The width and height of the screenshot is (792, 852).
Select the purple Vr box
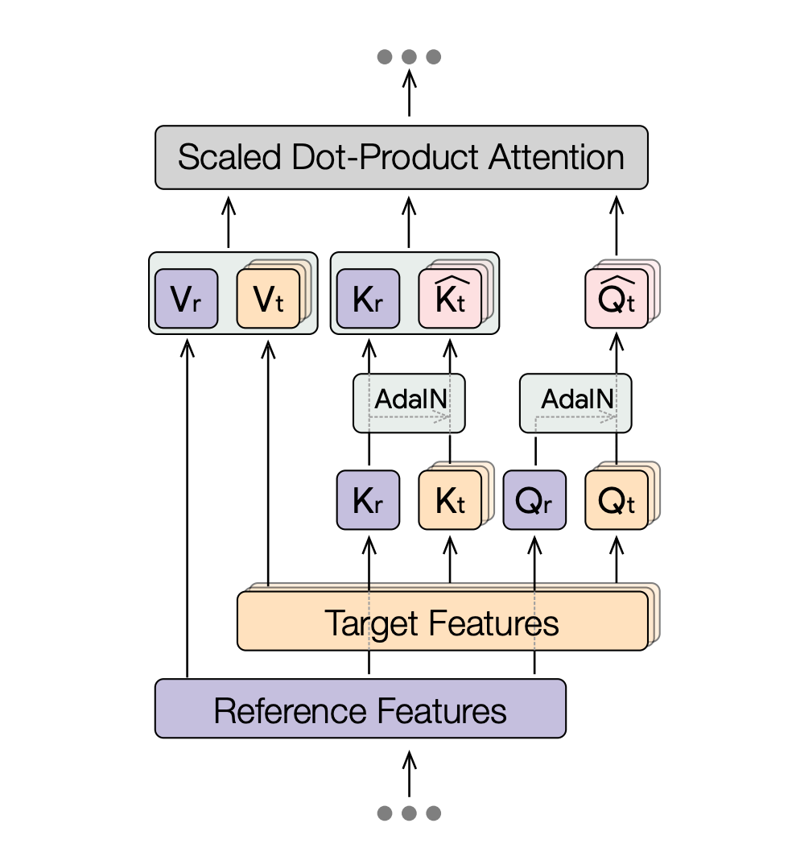tap(186, 299)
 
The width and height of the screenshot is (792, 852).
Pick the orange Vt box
tap(268, 299)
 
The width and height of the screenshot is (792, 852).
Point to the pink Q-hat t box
tap(617, 299)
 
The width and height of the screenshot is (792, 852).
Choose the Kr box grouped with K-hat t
tap(368, 299)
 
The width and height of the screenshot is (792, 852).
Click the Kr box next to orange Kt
tap(368, 500)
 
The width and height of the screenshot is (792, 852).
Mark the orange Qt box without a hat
tap(617, 500)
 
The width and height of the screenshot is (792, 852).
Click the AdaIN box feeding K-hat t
tap(410, 400)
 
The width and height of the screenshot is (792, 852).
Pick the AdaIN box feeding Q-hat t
tap(576, 400)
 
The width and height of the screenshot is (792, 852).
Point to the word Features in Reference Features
tap(442, 709)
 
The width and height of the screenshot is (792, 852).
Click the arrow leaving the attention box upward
tap(409, 93)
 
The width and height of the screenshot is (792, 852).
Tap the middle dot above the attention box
tap(409, 57)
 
